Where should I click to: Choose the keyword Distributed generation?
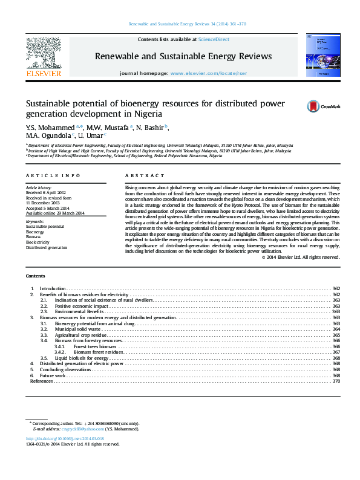point(46,247)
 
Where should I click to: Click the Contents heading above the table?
point(35,276)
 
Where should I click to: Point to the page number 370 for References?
point(336,381)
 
